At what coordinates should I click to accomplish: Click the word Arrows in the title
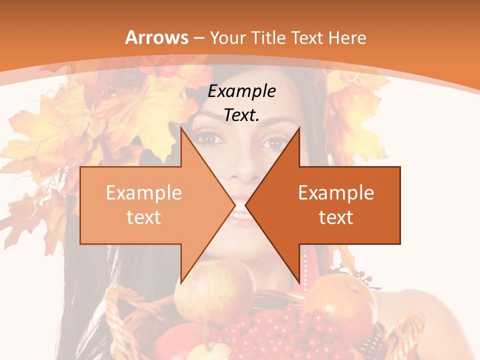click(157, 37)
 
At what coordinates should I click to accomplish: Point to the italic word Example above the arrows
click(242, 91)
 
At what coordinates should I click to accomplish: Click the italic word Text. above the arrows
click(242, 115)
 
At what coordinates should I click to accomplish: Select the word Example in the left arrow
click(144, 193)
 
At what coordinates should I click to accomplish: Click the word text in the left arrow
click(144, 217)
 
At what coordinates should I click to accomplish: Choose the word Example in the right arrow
click(336, 193)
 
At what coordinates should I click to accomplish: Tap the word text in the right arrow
click(336, 217)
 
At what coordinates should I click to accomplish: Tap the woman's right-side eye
click(274, 142)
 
